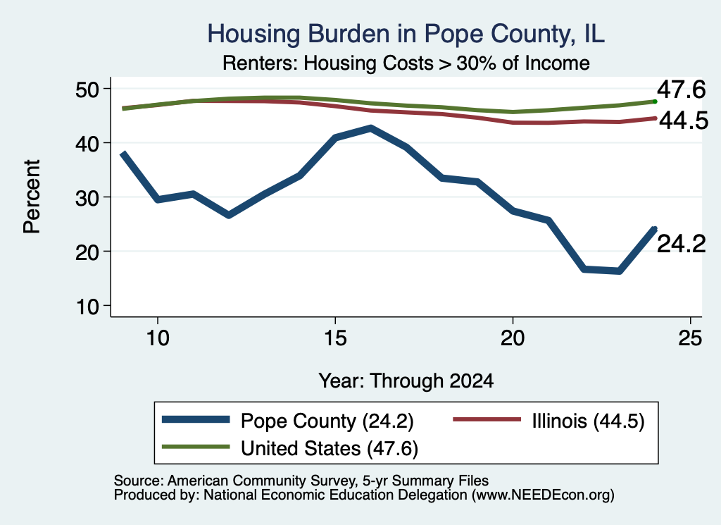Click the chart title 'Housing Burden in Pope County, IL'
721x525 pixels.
click(406, 34)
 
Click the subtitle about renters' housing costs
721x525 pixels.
click(406, 63)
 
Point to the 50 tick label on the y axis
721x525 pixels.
click(87, 89)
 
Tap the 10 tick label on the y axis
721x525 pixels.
click(87, 306)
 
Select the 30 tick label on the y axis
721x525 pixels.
click(87, 197)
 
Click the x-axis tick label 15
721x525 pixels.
click(334, 338)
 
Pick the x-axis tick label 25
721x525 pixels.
click(690, 338)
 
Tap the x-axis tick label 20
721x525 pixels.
click(513, 338)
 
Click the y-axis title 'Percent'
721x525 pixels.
click(32, 197)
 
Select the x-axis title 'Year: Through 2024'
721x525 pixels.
click(406, 381)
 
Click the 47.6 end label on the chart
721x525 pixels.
click(681, 89)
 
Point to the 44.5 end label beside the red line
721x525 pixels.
click(684, 121)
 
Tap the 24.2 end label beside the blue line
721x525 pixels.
click(681, 244)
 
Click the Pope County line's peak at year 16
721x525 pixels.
click(370, 128)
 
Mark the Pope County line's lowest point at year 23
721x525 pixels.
click(620, 271)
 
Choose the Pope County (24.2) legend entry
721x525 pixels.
click(287, 421)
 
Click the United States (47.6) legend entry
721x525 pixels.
click(289, 448)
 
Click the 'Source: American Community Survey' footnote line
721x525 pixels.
click(301, 481)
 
